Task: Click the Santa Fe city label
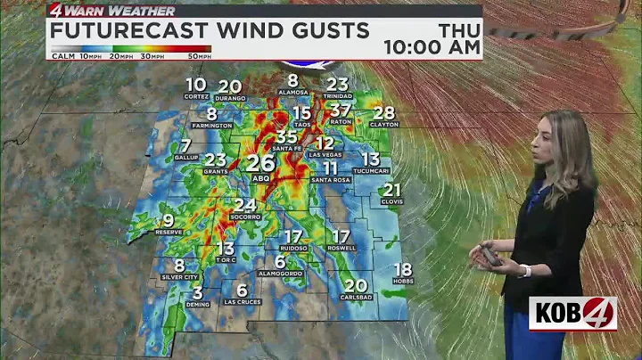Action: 286,149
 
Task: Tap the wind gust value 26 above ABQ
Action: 260,163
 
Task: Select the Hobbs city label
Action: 403,282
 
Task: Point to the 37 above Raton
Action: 341,110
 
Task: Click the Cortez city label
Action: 196,96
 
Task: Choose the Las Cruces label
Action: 242,302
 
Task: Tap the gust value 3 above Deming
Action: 197,292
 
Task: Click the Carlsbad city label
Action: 355,299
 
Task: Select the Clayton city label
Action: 383,125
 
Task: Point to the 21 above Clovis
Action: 391,189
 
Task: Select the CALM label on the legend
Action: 62,56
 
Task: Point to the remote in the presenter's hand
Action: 488,256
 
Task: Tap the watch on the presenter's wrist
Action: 525,270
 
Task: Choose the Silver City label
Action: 179,277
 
